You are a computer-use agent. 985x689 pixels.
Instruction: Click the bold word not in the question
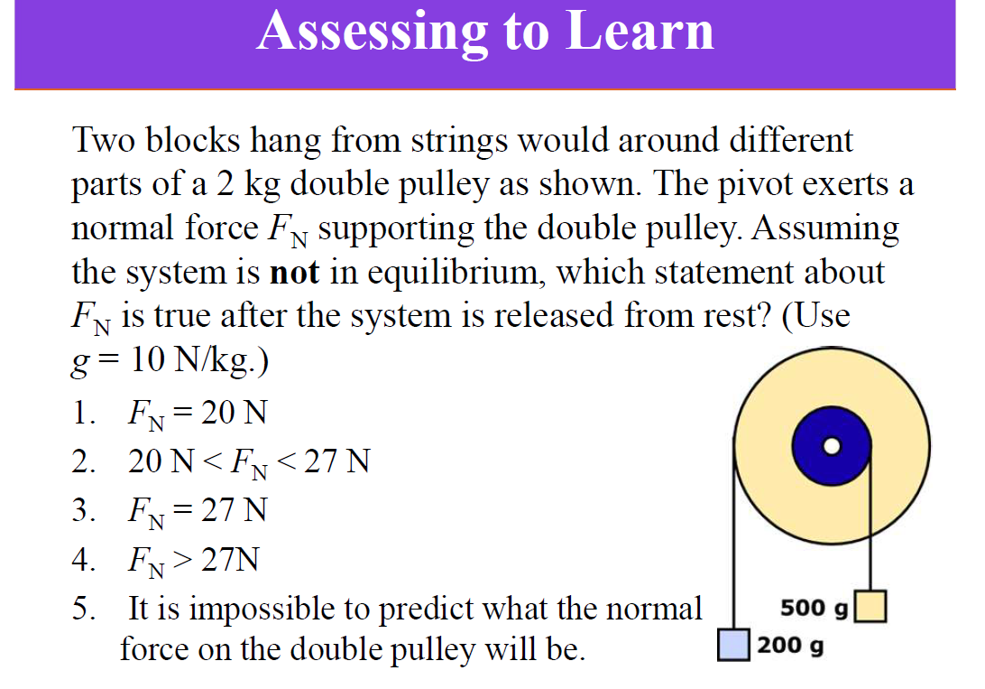point(294,272)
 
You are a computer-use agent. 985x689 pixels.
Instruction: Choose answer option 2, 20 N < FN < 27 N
point(248,462)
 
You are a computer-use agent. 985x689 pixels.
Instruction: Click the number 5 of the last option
point(82,609)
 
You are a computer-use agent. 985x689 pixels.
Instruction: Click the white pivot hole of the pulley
point(833,445)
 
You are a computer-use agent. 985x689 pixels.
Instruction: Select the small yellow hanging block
point(870,606)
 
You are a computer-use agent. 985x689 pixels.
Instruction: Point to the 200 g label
point(790,647)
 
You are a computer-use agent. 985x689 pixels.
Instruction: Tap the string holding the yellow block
point(870,533)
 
